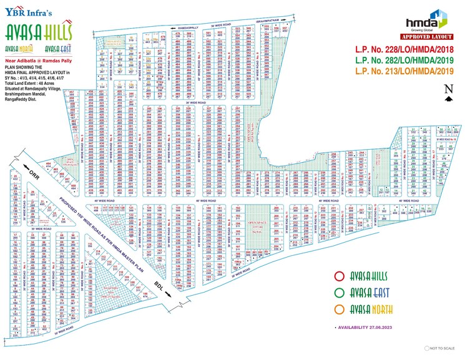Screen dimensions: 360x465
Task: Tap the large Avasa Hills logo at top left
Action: [39, 31]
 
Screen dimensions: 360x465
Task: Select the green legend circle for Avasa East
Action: [340, 292]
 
